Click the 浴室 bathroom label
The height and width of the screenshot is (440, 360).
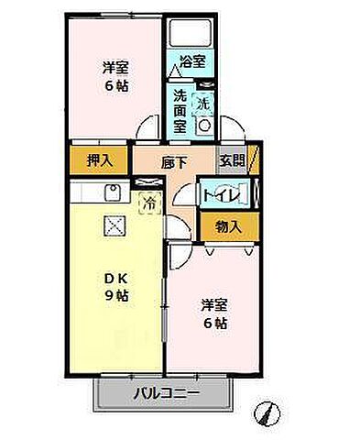coord(192,61)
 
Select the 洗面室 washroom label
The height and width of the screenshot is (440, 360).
coord(180,111)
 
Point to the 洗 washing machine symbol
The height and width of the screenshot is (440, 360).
coord(204,104)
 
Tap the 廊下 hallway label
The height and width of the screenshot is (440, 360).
coord(176,162)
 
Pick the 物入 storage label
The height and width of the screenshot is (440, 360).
coord(228,225)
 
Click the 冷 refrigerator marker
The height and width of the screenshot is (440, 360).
coord(147,203)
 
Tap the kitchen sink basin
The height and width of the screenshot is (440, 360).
coord(112,192)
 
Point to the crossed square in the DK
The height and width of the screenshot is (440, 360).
coord(113,225)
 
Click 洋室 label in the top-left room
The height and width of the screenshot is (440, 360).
coord(115,67)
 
